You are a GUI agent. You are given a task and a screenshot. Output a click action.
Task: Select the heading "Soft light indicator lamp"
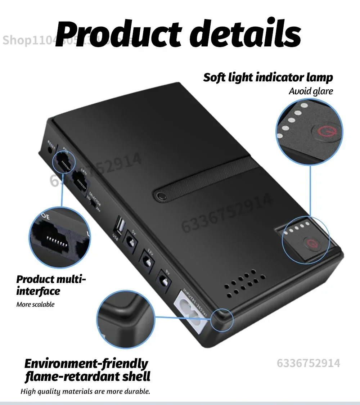268,77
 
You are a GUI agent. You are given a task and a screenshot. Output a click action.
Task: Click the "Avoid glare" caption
311,91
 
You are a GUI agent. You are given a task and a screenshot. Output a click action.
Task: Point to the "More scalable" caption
35,305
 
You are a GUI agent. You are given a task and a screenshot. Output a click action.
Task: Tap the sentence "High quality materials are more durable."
85,391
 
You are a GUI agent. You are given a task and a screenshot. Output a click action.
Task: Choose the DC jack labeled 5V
130,240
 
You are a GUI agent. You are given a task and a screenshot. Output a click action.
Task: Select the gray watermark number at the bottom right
308,363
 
